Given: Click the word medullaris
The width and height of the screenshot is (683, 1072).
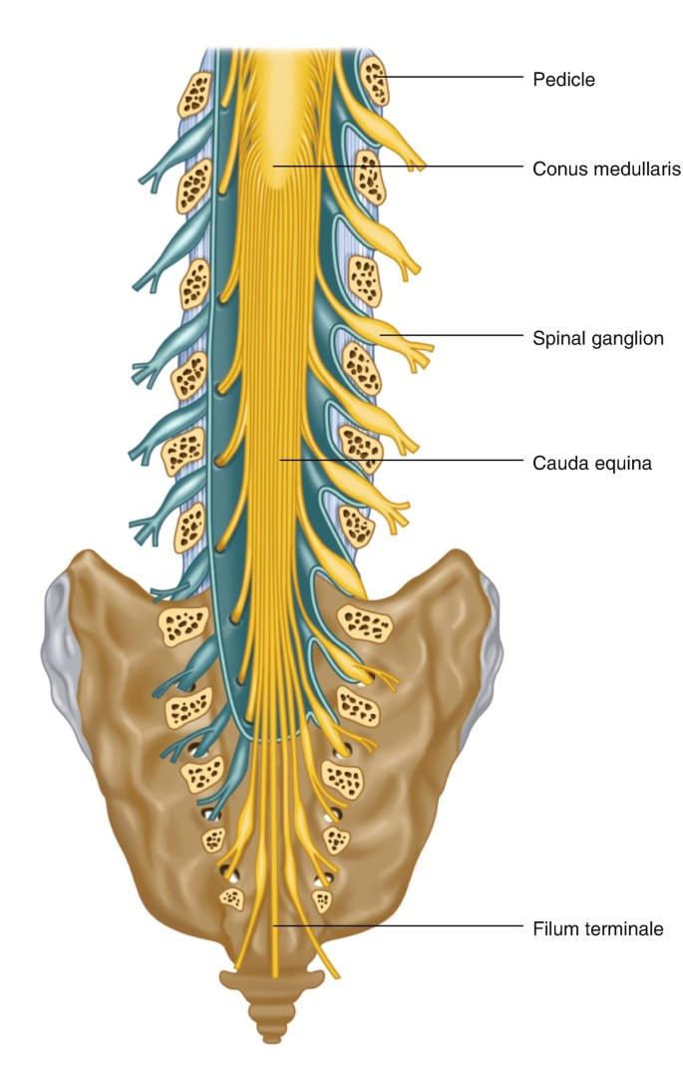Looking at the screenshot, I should click(634, 170).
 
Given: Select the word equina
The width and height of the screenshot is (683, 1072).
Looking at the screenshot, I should click(625, 463).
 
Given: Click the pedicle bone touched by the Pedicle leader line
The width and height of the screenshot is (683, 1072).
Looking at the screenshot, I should click(375, 80).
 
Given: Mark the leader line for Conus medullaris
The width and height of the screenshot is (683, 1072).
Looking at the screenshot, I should click(399, 166).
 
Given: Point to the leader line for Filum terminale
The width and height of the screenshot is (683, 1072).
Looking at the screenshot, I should click(399, 926).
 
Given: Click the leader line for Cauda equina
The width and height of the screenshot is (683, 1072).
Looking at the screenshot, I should click(399, 460).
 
